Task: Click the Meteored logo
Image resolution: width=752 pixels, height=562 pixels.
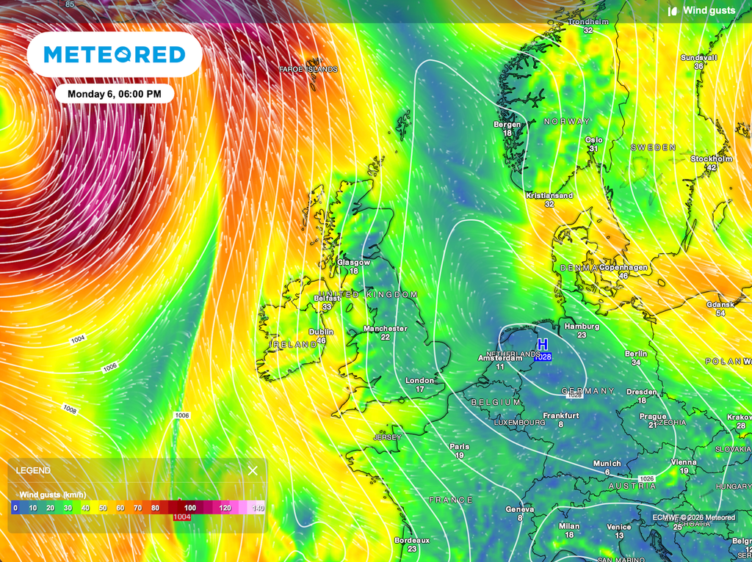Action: (x=114, y=55)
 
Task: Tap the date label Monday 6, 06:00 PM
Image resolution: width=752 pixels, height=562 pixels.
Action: (x=114, y=94)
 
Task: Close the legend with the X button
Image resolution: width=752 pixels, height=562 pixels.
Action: (x=253, y=470)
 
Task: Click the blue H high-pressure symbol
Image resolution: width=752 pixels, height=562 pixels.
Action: (x=543, y=345)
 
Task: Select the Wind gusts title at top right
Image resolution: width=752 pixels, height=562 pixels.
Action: (x=709, y=10)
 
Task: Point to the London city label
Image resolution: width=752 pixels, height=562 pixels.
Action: (x=420, y=380)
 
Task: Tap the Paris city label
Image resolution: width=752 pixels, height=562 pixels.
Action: (x=459, y=446)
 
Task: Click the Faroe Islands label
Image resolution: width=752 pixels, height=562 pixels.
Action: (x=308, y=69)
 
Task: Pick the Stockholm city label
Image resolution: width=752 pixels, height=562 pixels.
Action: (x=711, y=158)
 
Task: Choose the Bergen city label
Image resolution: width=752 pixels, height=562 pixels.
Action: (x=507, y=124)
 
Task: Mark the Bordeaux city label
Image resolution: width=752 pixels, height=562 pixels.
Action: (x=411, y=540)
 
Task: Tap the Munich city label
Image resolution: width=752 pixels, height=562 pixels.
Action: (x=607, y=463)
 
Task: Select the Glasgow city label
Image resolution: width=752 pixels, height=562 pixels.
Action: (x=353, y=262)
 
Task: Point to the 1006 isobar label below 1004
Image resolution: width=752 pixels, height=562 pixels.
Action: (x=110, y=366)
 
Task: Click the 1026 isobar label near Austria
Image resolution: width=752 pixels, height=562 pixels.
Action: (x=646, y=478)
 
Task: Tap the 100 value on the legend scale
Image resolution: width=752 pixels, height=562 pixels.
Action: (x=190, y=508)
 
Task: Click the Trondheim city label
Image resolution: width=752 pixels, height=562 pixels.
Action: (x=588, y=22)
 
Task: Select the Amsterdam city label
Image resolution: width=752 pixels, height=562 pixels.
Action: (x=500, y=357)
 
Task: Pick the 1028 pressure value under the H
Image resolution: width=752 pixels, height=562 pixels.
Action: (x=543, y=357)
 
